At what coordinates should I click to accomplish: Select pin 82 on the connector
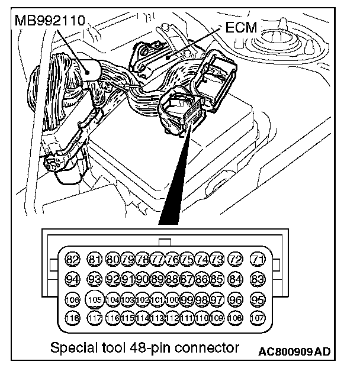(x=72, y=259)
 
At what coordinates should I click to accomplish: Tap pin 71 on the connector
(x=258, y=259)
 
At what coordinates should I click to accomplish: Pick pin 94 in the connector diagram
(x=72, y=279)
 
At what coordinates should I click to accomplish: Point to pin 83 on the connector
(x=258, y=279)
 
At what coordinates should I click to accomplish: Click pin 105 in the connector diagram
(x=94, y=299)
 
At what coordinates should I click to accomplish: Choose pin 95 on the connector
(x=258, y=299)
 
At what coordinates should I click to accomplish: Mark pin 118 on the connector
(x=72, y=318)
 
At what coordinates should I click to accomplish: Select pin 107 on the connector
(x=258, y=318)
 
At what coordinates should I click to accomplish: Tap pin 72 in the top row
(x=235, y=259)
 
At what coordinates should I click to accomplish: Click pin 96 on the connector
(x=235, y=299)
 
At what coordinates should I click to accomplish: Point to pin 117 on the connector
(x=94, y=318)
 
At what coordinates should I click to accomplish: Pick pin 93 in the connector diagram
(x=94, y=279)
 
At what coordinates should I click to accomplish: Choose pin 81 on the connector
(x=94, y=259)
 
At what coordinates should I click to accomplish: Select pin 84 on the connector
(x=235, y=279)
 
